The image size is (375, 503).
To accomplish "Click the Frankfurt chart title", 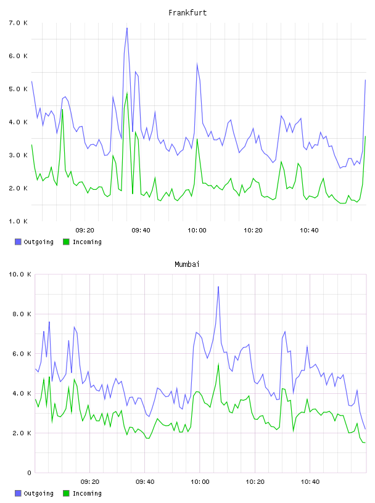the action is pos(187,12).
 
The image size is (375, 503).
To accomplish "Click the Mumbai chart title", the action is pos(187,264).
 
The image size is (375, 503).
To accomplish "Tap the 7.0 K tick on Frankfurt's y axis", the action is pos(19,23).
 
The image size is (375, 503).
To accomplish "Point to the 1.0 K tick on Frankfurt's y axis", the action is pos(19,221).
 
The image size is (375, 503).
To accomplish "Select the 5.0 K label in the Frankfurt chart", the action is pos(19,89).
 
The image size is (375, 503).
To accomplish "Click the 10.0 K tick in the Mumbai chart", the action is pos(20,274).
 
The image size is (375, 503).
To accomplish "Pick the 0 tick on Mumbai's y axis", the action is pos(29,473).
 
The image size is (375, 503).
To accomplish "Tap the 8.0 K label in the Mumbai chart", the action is pos(22,314).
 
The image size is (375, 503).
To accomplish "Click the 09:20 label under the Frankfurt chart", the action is pos(84,230).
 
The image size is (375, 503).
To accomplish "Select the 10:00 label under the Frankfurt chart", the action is pos(197,230).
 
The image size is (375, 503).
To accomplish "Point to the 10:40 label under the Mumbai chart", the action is pos(310,481).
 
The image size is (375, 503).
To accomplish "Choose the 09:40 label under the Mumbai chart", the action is pos(145,481).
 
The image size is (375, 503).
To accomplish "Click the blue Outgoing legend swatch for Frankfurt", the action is pos(18,242).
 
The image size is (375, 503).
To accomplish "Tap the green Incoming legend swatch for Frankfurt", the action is pos(66,242).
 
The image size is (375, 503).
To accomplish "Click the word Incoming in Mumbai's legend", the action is pos(87,493).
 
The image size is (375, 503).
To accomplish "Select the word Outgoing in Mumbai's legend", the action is pos(38,493).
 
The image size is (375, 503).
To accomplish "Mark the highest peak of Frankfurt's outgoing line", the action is pos(127,28).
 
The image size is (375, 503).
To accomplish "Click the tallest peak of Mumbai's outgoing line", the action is pos(218,287).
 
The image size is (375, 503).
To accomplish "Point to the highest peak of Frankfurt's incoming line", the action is pos(127,93).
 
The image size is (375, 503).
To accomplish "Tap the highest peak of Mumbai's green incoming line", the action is pos(218,364).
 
